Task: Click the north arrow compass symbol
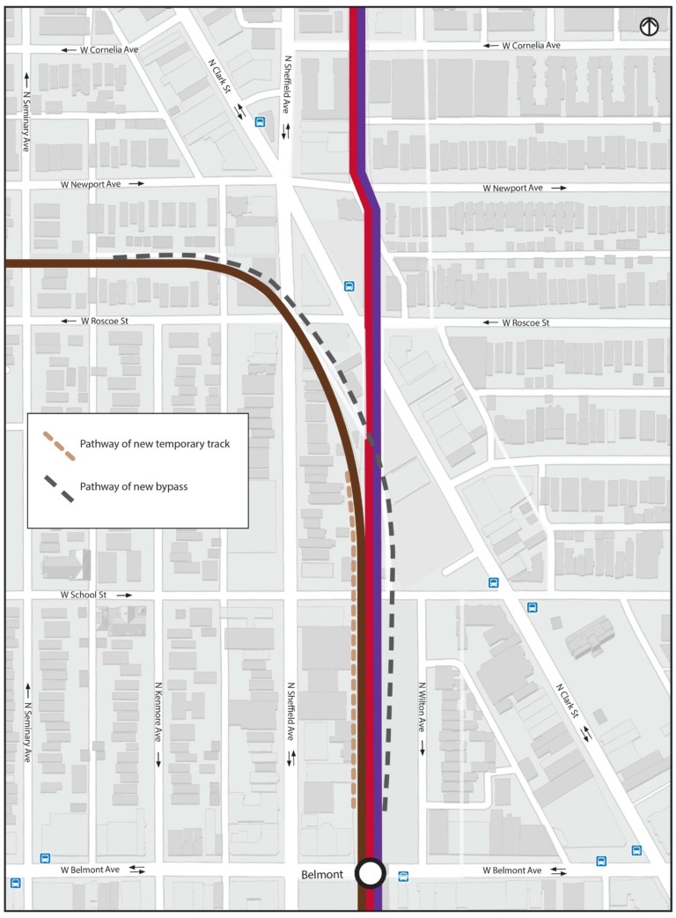[x=650, y=27]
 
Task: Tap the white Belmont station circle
[x=371, y=873]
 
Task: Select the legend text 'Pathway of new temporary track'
[x=154, y=444]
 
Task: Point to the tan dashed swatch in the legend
[x=58, y=444]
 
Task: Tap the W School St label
[x=83, y=596]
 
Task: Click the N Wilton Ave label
[x=422, y=710]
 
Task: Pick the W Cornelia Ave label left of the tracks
[x=109, y=50]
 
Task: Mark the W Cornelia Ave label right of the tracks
[x=531, y=45]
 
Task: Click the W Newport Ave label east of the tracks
[x=513, y=189]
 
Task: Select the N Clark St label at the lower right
[x=569, y=701]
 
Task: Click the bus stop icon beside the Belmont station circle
[x=403, y=876]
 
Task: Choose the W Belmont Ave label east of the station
[x=512, y=870]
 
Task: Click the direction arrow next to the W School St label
[x=124, y=596]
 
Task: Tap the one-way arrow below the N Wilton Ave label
[x=422, y=747]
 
